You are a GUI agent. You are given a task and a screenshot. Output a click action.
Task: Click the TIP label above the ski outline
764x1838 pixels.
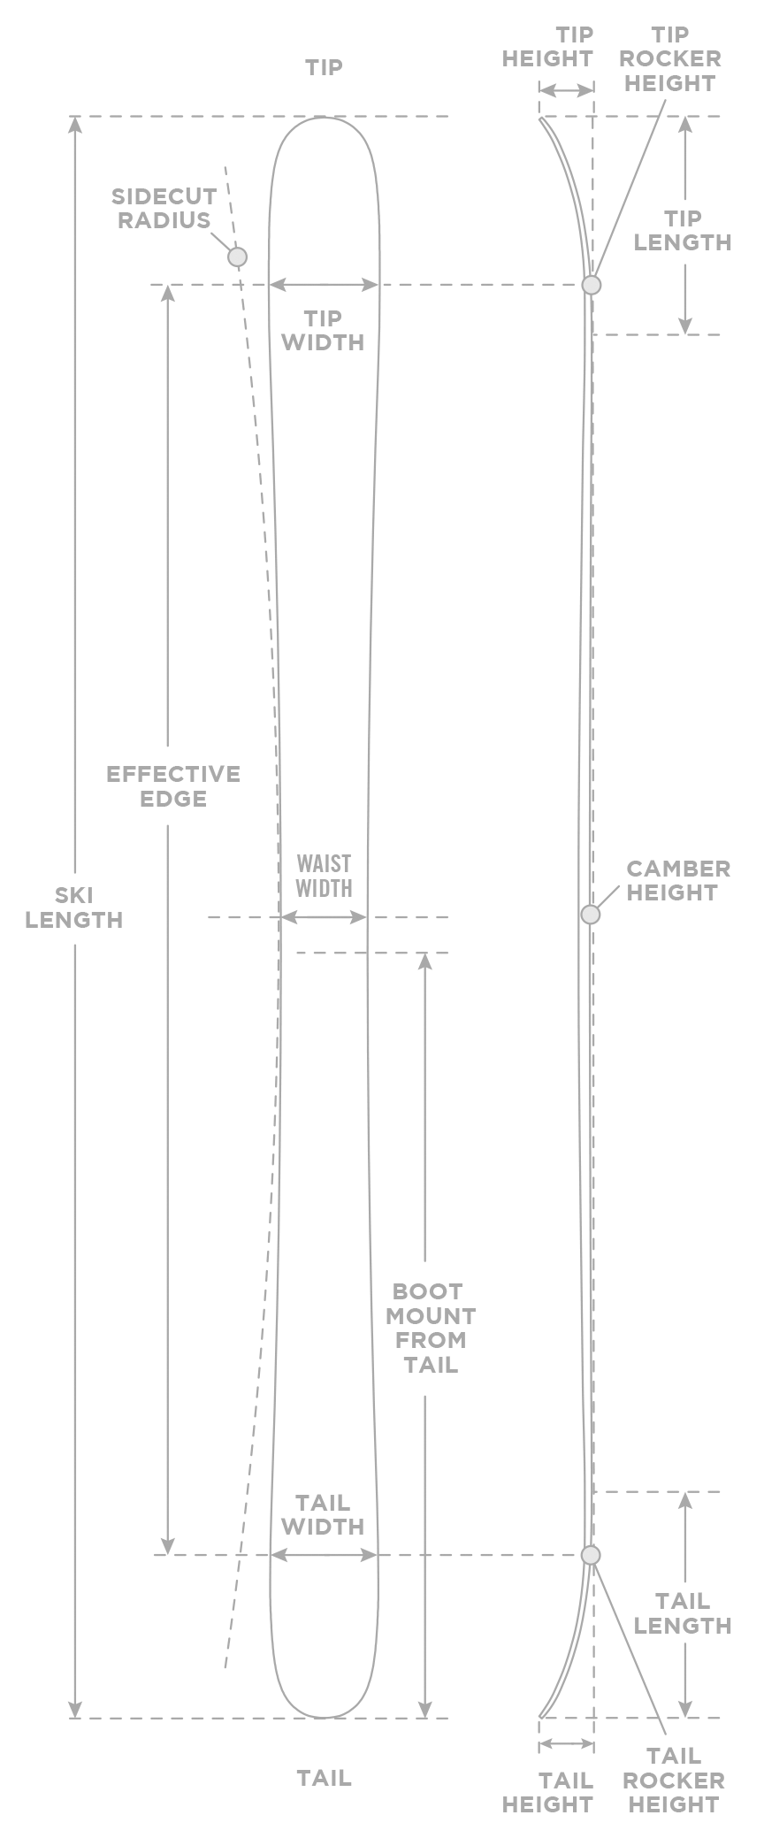tap(324, 67)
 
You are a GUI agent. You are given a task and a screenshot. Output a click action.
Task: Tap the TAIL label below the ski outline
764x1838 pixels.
tap(324, 1776)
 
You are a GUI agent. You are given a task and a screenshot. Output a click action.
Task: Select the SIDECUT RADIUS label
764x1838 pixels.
tap(164, 209)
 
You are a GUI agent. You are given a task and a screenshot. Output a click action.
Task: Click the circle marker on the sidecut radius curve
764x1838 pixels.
tap(236, 257)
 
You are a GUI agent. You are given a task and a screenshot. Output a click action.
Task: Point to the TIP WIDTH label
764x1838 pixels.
tap(323, 330)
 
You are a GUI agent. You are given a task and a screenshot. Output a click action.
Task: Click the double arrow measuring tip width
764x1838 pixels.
tap(324, 284)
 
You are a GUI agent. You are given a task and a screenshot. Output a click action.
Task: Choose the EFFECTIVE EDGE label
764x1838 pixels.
tap(173, 786)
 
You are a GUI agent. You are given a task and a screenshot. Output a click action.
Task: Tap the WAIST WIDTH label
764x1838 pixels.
tap(324, 876)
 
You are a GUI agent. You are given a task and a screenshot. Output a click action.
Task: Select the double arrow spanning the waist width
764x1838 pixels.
tap(324, 918)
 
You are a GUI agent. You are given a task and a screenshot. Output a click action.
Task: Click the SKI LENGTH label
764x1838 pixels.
tap(75, 908)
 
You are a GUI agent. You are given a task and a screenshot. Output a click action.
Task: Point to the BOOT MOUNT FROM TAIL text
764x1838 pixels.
tap(430, 1328)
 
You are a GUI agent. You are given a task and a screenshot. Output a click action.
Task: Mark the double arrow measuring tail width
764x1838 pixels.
tap(324, 1554)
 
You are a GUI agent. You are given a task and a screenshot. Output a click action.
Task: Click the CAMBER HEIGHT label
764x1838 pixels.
tap(677, 880)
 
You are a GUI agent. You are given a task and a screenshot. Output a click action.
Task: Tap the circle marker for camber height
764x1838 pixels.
tap(590, 915)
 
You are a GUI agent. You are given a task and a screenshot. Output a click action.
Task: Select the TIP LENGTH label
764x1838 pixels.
tap(683, 230)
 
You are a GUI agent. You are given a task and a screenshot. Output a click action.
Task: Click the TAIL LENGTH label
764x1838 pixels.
tap(683, 1612)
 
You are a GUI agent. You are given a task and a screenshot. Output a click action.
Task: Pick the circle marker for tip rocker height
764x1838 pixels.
tap(591, 285)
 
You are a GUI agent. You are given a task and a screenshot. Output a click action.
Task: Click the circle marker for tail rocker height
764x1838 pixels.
tap(591, 1554)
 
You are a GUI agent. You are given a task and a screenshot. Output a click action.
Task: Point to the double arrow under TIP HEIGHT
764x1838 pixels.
tap(566, 90)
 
